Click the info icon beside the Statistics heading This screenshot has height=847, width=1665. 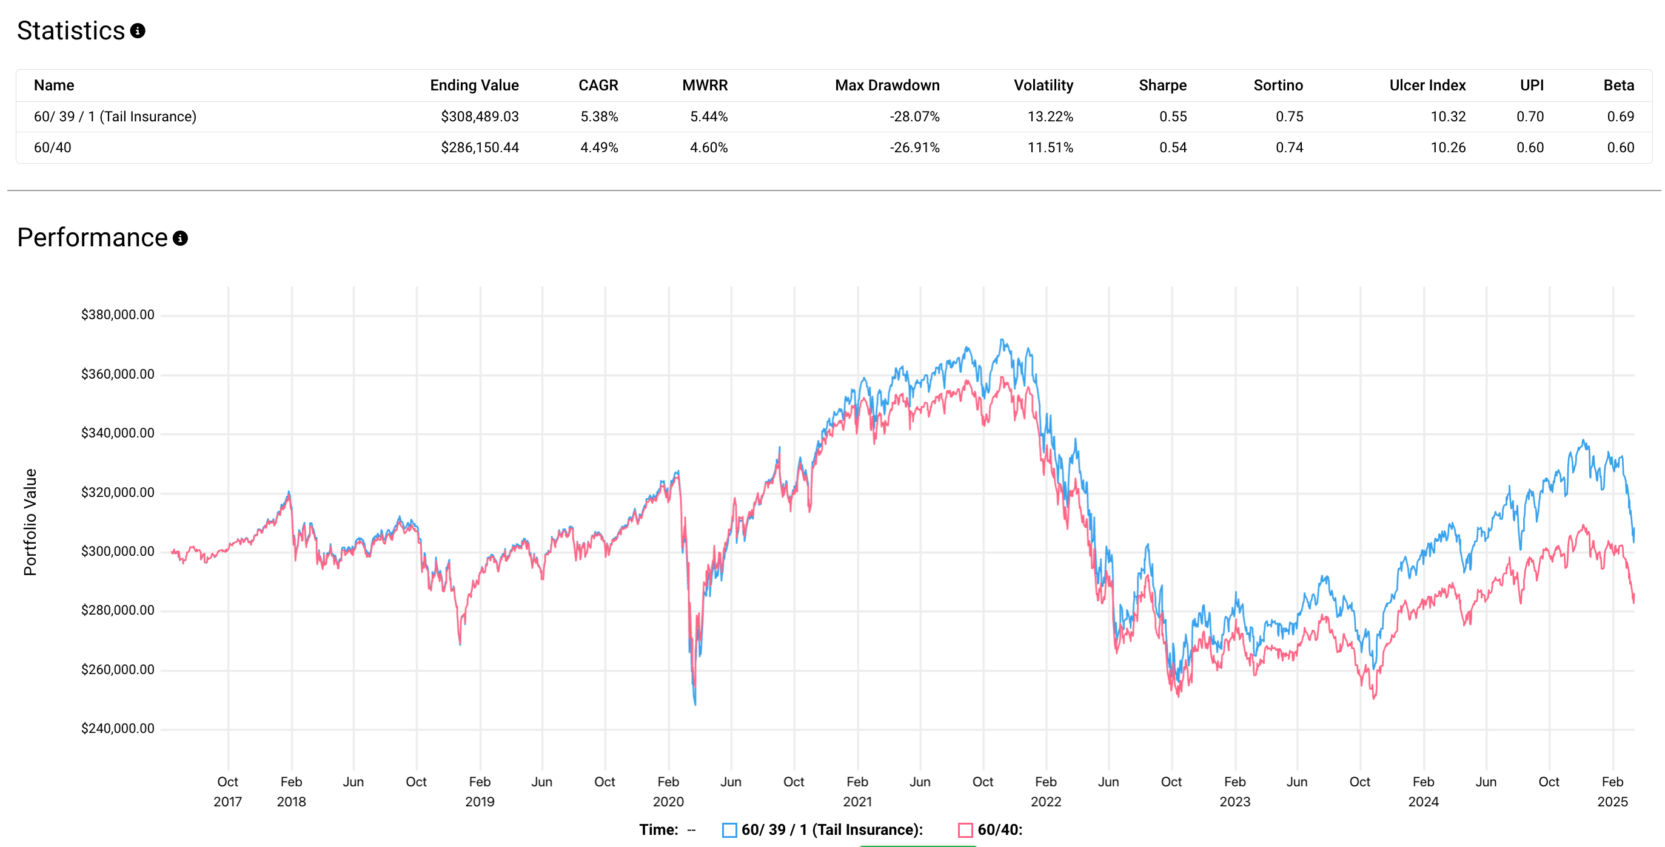coord(138,30)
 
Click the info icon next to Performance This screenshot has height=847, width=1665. coord(180,238)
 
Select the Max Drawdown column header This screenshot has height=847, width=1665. coord(887,86)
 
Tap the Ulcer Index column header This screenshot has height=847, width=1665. coord(1427,86)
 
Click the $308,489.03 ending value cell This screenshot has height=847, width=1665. coord(480,116)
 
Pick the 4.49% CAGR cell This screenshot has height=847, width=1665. coord(599,147)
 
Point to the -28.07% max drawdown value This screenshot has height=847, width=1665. coord(914,116)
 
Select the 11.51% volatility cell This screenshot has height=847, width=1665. coord(1050,147)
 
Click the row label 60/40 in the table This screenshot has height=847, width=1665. coord(52,147)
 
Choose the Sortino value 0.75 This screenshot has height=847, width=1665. coord(1290,116)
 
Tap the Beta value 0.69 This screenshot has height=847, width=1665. coord(1620,116)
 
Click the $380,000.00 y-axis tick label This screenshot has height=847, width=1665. coord(118,315)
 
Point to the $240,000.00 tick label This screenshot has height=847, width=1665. coord(118,729)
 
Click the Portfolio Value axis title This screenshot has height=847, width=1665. coord(30,522)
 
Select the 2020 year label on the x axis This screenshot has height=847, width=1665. coord(668,801)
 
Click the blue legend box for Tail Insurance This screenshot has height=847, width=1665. coord(729,830)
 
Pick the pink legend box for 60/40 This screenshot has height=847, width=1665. coord(965,830)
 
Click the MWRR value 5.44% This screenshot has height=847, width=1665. coord(708,116)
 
